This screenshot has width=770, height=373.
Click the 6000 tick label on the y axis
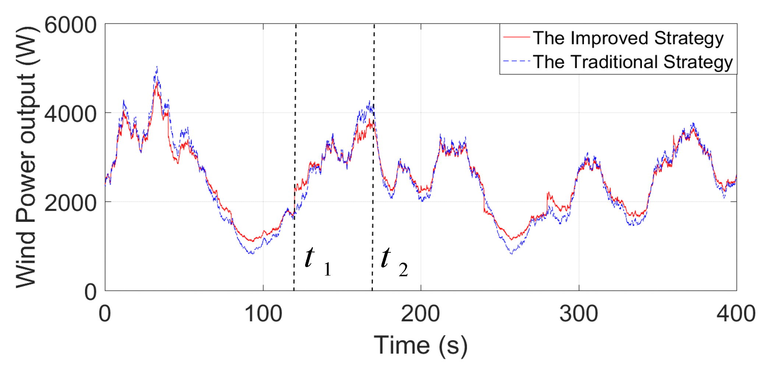point(70,25)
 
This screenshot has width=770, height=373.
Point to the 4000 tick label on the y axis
point(70,114)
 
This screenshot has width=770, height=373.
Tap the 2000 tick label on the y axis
point(70,203)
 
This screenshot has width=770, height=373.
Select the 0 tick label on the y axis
point(91,292)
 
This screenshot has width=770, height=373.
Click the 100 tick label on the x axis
point(263,314)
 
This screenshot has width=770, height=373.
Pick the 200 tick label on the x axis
point(420,314)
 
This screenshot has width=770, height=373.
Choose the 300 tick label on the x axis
point(579,314)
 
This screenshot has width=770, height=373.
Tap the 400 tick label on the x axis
point(735,314)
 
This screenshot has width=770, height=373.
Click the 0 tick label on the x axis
point(105,314)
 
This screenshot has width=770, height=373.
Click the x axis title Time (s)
point(421,345)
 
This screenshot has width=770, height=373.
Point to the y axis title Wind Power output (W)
point(26,157)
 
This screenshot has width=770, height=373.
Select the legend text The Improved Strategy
point(628,38)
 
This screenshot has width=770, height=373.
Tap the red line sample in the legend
point(516,37)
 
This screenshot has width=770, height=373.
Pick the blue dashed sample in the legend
point(516,61)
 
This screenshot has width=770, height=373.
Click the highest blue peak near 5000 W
point(157,67)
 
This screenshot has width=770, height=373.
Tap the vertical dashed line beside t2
point(374,92)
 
